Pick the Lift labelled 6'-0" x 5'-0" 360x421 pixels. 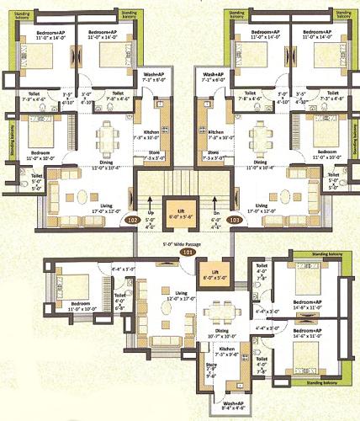[x=214, y=276]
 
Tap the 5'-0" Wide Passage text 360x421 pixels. [x=179, y=243]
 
